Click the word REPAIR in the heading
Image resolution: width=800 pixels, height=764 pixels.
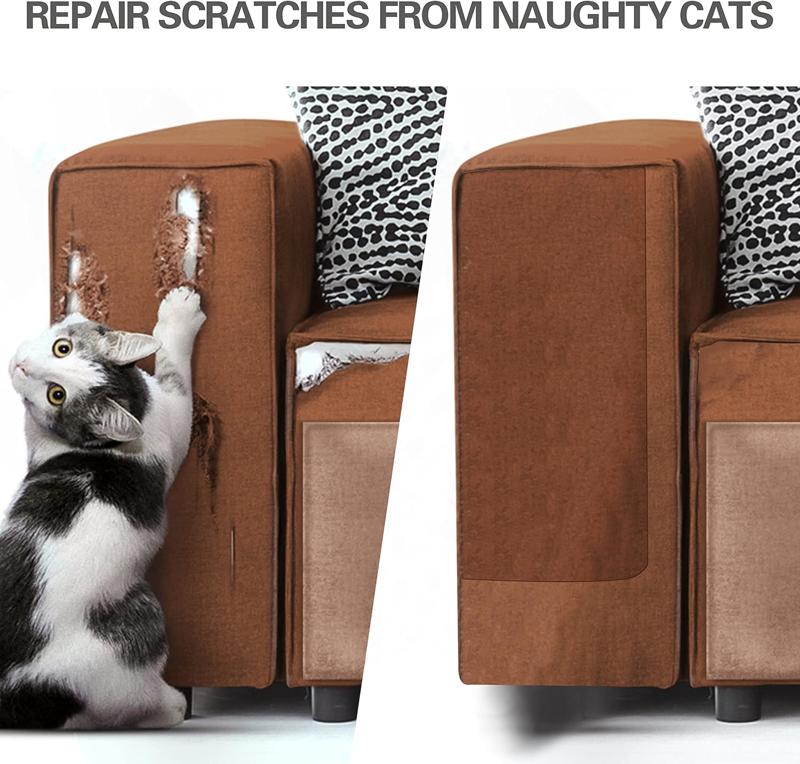click(88, 15)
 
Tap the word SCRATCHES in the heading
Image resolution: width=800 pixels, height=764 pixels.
click(263, 15)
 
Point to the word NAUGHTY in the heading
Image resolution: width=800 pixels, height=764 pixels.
click(579, 15)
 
